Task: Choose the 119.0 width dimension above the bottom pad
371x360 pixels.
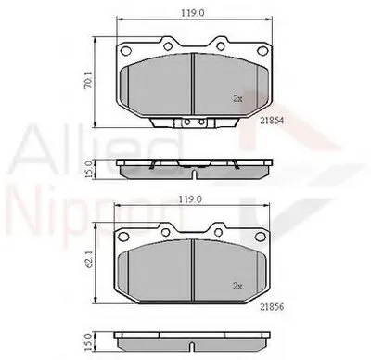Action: tap(191, 199)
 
